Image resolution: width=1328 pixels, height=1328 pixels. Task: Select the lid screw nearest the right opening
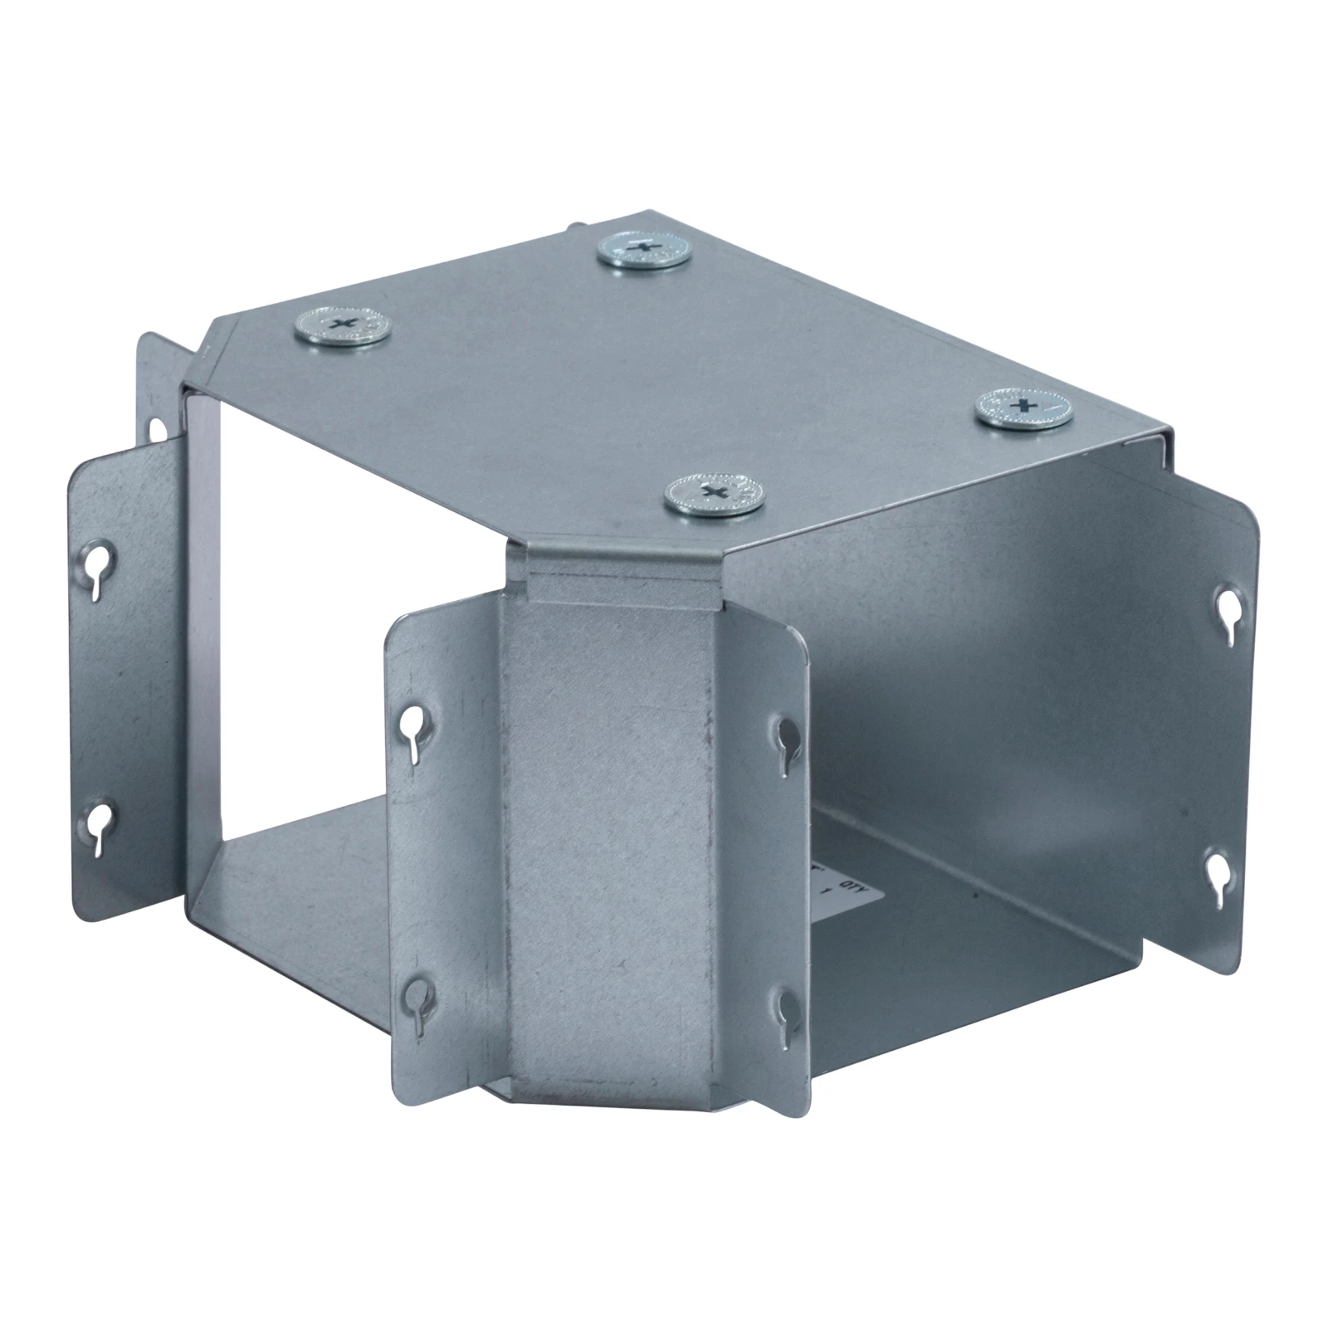coord(1023,408)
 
